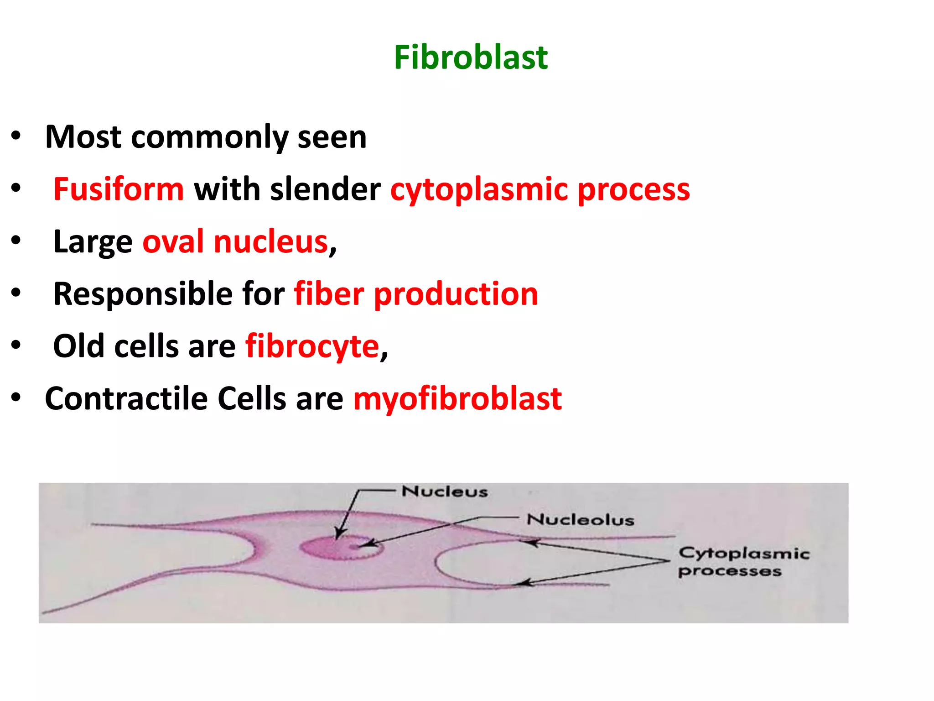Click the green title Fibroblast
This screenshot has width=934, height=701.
click(470, 58)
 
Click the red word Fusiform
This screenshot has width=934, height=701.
click(119, 189)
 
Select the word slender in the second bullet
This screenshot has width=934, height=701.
click(325, 189)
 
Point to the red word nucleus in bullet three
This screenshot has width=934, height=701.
click(271, 241)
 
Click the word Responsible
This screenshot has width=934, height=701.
click(143, 294)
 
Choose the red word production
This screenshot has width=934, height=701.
click(456, 294)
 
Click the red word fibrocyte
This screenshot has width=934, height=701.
click(312, 346)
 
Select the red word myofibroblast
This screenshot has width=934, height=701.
click(457, 399)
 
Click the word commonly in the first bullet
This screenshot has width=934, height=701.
click(209, 137)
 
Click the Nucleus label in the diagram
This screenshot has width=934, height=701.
click(444, 492)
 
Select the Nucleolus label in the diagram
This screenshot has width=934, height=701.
click(580, 519)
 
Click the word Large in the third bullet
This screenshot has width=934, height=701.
click(93, 242)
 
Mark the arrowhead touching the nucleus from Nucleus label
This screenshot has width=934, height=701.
click(339, 534)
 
